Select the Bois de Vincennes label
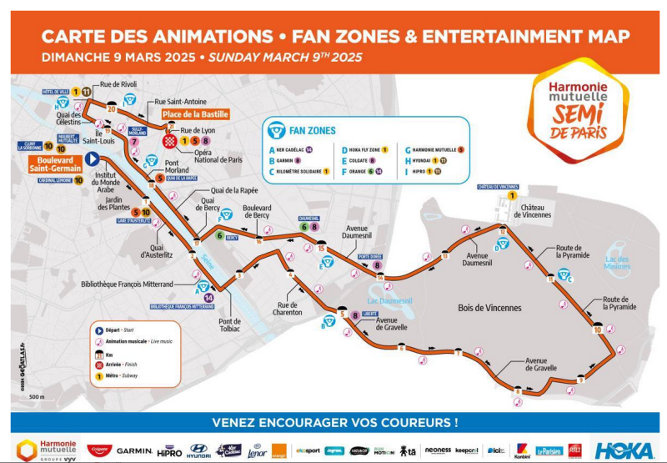[489, 308]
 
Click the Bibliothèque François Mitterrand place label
[127, 284]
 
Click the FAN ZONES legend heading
[312, 131]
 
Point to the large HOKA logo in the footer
[624, 450]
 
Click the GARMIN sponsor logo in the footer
[134, 450]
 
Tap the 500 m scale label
[37, 396]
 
